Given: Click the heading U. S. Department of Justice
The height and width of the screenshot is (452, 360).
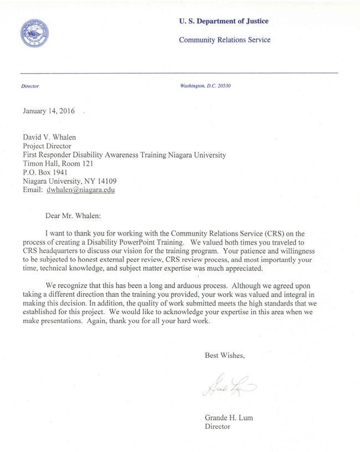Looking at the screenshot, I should coord(224,21).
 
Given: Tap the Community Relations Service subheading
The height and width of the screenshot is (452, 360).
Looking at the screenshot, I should coord(225,40).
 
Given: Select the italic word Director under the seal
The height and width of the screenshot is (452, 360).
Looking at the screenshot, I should coord(30,86).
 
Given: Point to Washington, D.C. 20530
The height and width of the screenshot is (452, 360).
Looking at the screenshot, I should coord(205,86).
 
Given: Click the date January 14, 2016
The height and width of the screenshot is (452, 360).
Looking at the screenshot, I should coord(49,111).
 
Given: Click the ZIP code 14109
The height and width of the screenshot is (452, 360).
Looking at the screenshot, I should coord(109,181).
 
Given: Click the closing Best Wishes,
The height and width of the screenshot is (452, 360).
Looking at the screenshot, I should coord(224,355).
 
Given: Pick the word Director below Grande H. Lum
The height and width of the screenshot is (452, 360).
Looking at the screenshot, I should coord(218,427).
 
